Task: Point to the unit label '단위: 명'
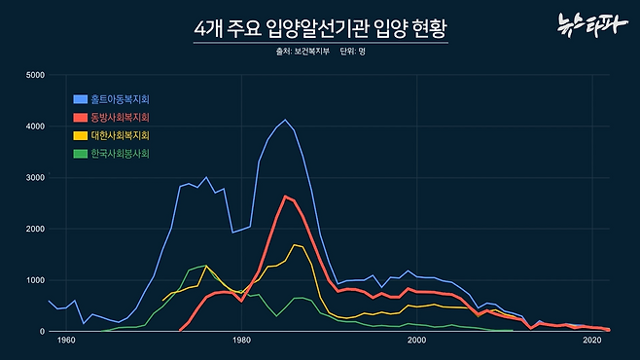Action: pyautogui.click(x=352, y=51)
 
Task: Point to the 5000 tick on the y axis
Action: pyautogui.click(x=35, y=75)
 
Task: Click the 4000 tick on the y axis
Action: pyautogui.click(x=35, y=126)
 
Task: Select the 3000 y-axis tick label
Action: pyautogui.click(x=35, y=178)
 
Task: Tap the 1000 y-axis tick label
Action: pyautogui.click(x=35, y=280)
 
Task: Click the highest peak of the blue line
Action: pyautogui.click(x=285, y=121)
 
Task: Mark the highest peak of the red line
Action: pyautogui.click(x=285, y=197)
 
